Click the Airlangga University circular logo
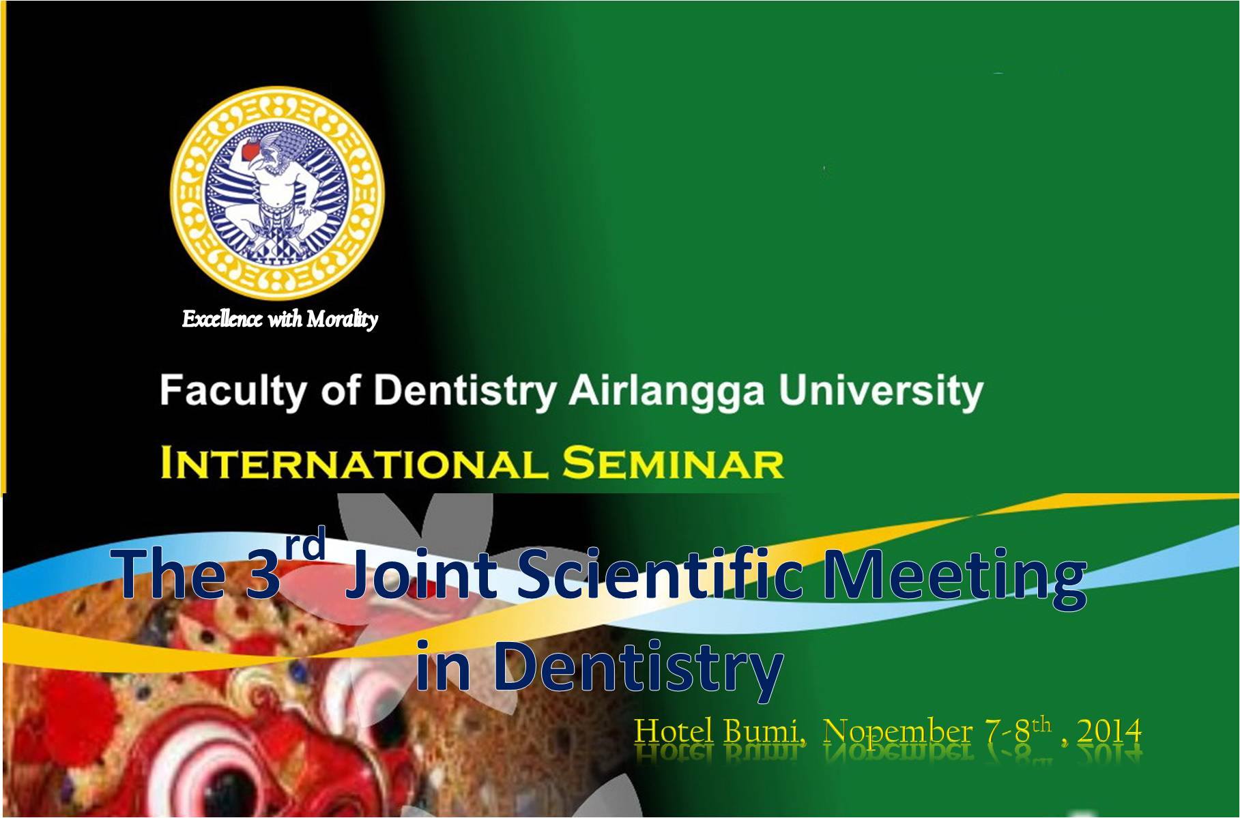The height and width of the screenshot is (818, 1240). tap(276, 192)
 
